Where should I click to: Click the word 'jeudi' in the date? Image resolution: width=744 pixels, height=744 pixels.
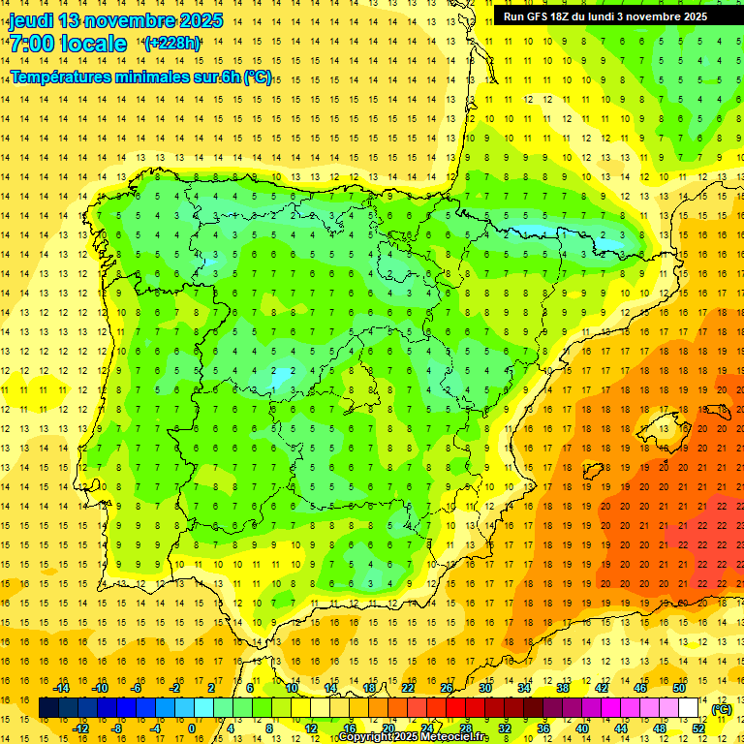point(31,20)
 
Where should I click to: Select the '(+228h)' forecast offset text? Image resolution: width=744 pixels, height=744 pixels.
point(172,44)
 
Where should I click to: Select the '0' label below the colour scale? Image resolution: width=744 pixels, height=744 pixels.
point(191,728)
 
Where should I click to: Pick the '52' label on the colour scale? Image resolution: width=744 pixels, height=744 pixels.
point(698,728)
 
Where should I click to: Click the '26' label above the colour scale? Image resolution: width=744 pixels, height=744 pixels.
point(447,688)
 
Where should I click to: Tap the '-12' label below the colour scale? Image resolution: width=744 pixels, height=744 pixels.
point(80,728)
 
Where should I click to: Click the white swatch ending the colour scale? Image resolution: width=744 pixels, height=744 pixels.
point(689,708)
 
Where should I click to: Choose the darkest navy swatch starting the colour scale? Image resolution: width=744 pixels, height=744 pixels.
point(48,708)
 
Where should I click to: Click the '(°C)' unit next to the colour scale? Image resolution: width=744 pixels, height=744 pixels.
point(722,708)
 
